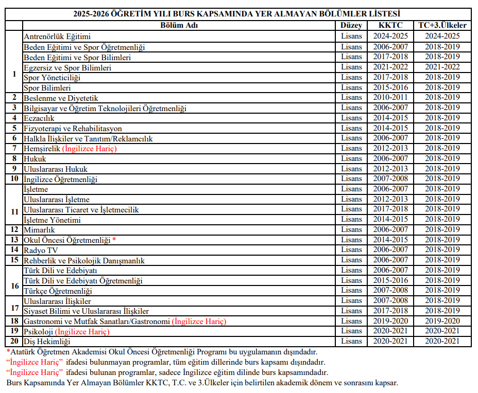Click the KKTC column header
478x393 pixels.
[390, 25]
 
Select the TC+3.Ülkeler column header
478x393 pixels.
[442, 25]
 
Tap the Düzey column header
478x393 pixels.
[351, 25]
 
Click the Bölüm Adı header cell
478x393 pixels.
[179, 25]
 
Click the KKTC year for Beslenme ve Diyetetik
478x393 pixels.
[390, 98]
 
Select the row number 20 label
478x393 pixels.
[14, 341]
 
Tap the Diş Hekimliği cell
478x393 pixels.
[47, 342]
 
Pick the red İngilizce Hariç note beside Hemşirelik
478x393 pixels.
[90, 149]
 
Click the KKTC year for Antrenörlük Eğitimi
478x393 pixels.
[390, 37]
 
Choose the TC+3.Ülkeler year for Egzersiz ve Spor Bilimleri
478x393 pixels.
[442, 67]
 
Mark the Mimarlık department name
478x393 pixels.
[39, 230]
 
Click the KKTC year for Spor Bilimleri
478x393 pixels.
[390, 87]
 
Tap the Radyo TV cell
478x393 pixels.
[41, 250]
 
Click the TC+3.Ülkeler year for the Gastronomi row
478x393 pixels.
[442, 321]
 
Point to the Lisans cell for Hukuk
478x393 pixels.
[351, 159]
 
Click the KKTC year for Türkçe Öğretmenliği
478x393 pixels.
[390, 291]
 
